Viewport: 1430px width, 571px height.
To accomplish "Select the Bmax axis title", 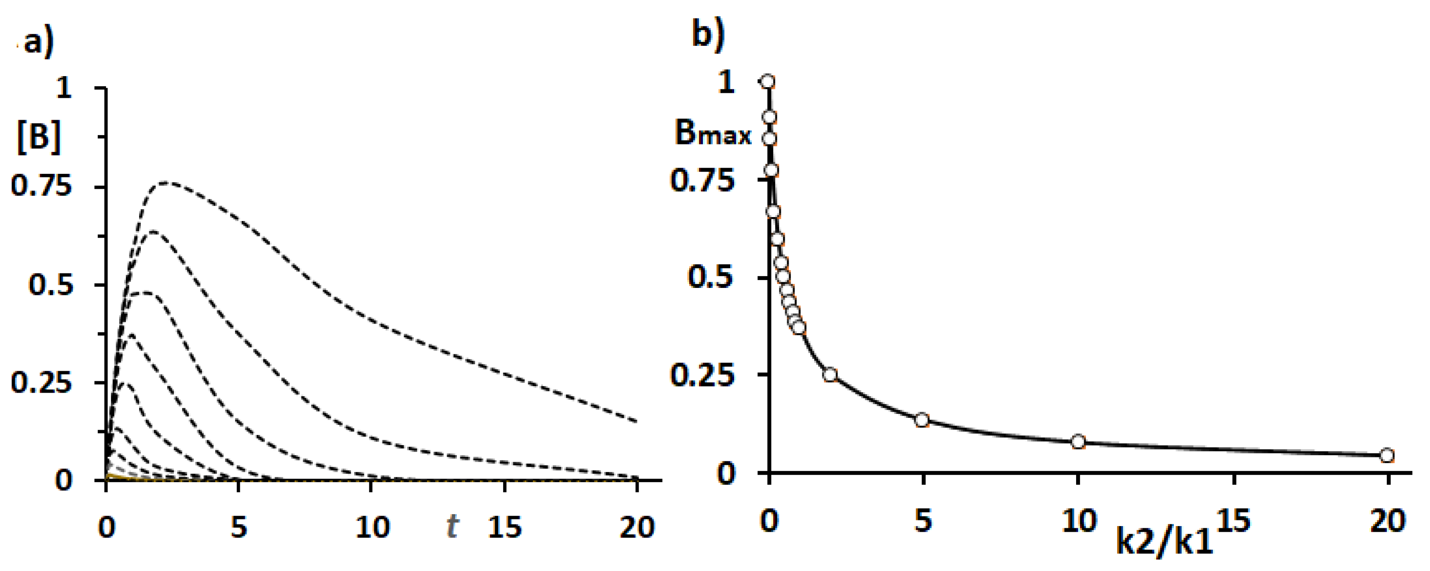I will (713, 134).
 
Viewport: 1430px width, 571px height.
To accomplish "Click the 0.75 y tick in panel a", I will (42, 186).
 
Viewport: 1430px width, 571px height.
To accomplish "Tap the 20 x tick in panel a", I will (637, 527).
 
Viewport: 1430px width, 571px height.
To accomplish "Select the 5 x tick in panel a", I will (238, 527).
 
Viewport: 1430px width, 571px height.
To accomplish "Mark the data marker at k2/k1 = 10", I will (1078, 442).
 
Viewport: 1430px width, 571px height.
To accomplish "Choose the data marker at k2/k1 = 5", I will (922, 420).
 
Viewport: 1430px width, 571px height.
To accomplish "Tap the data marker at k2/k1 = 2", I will (830, 374).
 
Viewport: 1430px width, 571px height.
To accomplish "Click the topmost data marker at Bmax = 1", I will (768, 81).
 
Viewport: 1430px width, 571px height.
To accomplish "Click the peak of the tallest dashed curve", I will (166, 182).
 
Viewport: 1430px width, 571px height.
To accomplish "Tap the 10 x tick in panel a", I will (372, 527).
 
